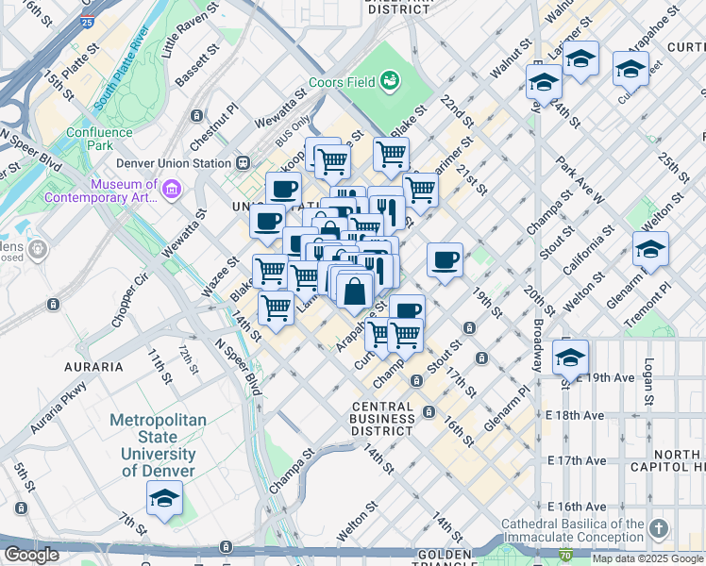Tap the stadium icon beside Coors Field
coord(390,82)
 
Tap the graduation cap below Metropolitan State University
coord(164,499)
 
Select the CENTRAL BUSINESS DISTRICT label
coord(381,419)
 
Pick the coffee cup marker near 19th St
coord(445,258)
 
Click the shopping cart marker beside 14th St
coord(276,307)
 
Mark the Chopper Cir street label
coord(129,301)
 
